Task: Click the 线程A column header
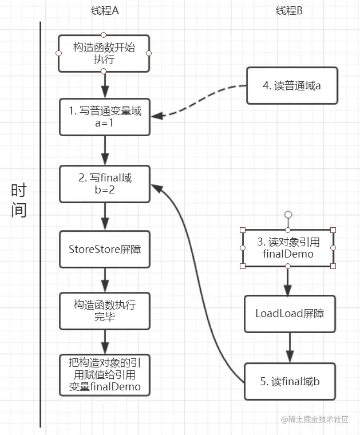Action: [105, 11]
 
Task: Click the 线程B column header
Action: [289, 11]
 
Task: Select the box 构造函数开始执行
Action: [104, 53]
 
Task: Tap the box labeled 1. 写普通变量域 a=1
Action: [105, 117]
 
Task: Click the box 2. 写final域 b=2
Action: [105, 184]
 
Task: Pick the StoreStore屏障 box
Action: [105, 249]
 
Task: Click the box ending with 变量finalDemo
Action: [105, 375]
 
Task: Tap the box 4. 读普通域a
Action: [292, 86]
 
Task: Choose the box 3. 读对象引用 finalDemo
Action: [288, 248]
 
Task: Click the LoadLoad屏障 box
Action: [289, 314]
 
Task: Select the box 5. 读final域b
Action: [289, 381]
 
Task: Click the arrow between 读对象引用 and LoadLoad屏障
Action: [288, 280]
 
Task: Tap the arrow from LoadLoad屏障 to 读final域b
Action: [289, 347]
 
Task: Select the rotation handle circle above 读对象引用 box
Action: [288, 215]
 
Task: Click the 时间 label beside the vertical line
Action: [18, 200]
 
